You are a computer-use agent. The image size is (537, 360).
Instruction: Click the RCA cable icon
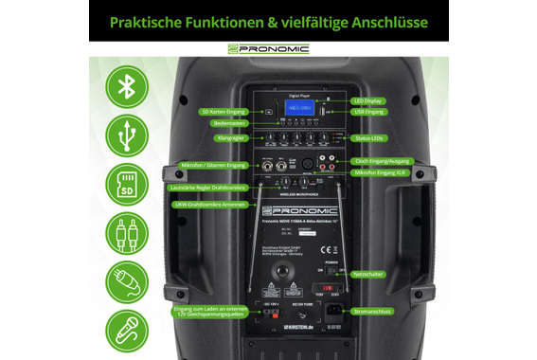pyautogui.click(x=126, y=231)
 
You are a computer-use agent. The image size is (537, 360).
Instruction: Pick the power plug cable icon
pyautogui.click(x=126, y=280)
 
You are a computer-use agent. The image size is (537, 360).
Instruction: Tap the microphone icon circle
pyautogui.click(x=126, y=329)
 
